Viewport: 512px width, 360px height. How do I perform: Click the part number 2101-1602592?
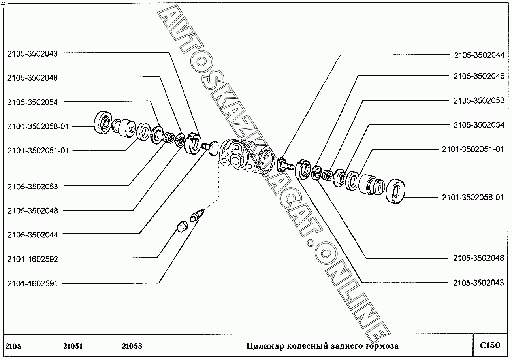click(x=32, y=259)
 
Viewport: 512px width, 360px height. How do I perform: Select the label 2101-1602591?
click(x=32, y=283)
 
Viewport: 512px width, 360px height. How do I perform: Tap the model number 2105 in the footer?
click(x=14, y=346)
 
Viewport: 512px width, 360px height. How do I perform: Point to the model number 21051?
click(x=73, y=346)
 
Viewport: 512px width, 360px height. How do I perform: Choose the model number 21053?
click(x=132, y=346)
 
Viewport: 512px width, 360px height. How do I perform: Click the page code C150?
click(x=490, y=345)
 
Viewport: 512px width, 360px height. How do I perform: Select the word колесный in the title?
click(x=306, y=346)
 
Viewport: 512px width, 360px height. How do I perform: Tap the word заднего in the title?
click(x=345, y=346)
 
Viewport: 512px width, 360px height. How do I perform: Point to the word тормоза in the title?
click(x=382, y=346)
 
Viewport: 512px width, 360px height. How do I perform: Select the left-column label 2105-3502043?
click(x=32, y=54)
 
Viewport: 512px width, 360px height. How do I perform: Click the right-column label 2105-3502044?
click(x=479, y=55)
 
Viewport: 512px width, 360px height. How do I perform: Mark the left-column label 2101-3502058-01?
click(x=38, y=126)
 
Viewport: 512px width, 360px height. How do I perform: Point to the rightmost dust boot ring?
click(x=395, y=192)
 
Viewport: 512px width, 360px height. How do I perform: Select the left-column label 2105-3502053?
click(x=32, y=186)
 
